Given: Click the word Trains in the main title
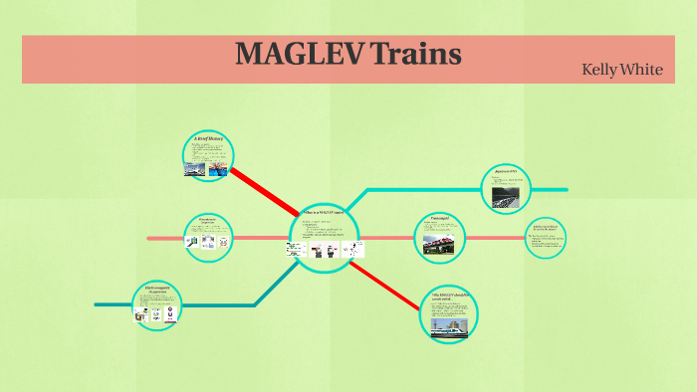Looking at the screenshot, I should [x=415, y=54].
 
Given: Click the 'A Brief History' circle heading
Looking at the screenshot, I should [x=208, y=140].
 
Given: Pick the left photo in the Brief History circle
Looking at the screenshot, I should [x=196, y=170].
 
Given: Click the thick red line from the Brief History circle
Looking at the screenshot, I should [x=264, y=190].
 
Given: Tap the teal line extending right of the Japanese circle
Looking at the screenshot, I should [x=551, y=189].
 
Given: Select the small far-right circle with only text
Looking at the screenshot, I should [x=547, y=238].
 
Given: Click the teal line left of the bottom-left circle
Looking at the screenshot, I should [x=113, y=304].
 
